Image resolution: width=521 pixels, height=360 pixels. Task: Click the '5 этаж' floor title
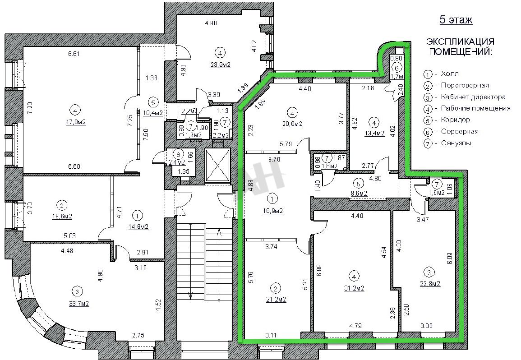coord(456,20)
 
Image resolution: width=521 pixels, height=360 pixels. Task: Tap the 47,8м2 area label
coord(76,122)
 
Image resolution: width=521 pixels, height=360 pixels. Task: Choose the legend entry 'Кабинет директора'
coord(473,97)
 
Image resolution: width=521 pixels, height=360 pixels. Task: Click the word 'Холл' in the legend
coord(450,74)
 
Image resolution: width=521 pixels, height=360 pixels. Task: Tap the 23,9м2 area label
coord(221,65)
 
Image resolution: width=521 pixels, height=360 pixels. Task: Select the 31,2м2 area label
coord(354,288)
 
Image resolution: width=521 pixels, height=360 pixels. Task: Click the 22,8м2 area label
coord(430,284)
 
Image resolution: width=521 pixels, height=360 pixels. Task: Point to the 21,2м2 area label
coord(276,300)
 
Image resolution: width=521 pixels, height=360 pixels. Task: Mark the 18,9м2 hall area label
coord(273,211)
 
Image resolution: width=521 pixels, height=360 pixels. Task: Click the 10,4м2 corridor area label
coord(153,113)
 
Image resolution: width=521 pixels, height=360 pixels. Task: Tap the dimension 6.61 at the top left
coord(74,54)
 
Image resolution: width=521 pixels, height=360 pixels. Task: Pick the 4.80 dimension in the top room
coord(211,23)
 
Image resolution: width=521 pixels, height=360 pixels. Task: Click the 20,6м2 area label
coord(292,124)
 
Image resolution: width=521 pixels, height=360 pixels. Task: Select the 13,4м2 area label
coord(374,133)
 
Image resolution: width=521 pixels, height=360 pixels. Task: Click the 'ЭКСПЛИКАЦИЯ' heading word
coord(461,42)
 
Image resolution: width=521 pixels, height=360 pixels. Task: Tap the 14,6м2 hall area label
coord(138,227)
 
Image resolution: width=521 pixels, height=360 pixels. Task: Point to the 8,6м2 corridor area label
coord(359,193)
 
